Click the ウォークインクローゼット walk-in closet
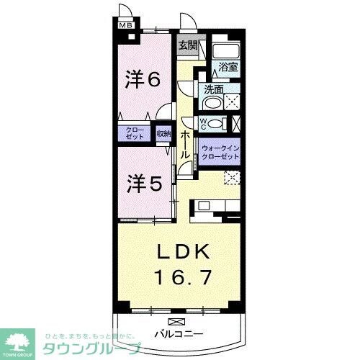[220, 151]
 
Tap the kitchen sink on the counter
[204, 206]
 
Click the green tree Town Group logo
[22, 341]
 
